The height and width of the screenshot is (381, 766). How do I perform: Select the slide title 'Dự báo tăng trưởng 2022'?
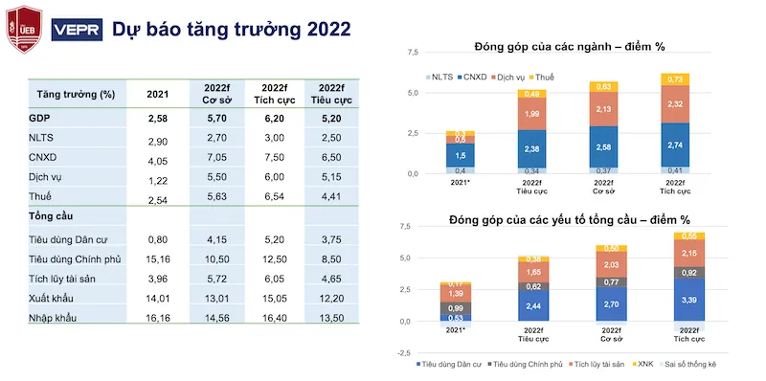pyautogui.click(x=231, y=30)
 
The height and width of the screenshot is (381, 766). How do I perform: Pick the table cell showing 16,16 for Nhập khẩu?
pyautogui.click(x=158, y=318)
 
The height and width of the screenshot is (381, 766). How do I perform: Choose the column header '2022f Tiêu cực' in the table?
pyautogui.click(x=330, y=94)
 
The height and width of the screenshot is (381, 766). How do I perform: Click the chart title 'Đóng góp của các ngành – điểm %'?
pyautogui.click(x=570, y=47)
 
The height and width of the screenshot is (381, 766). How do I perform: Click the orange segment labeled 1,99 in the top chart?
pyautogui.click(x=531, y=115)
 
